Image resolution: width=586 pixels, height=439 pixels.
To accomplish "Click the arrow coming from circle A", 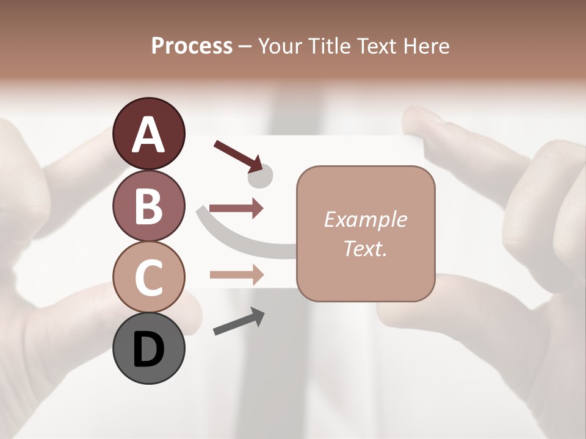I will click(237, 154).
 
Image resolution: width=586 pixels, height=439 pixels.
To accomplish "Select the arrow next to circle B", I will click(236, 209).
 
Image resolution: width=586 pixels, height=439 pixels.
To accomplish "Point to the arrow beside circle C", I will click(236, 274).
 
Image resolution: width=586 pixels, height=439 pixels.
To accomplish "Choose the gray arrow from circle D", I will click(238, 321).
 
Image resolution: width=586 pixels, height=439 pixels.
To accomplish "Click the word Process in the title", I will click(192, 46).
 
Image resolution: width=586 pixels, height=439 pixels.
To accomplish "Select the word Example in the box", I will click(365, 220).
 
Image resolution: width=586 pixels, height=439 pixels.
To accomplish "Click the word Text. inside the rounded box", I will click(365, 248).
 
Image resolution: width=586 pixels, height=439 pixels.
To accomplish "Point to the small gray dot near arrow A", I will click(260, 177).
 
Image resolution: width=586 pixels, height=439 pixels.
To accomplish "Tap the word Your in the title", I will click(280, 46).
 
